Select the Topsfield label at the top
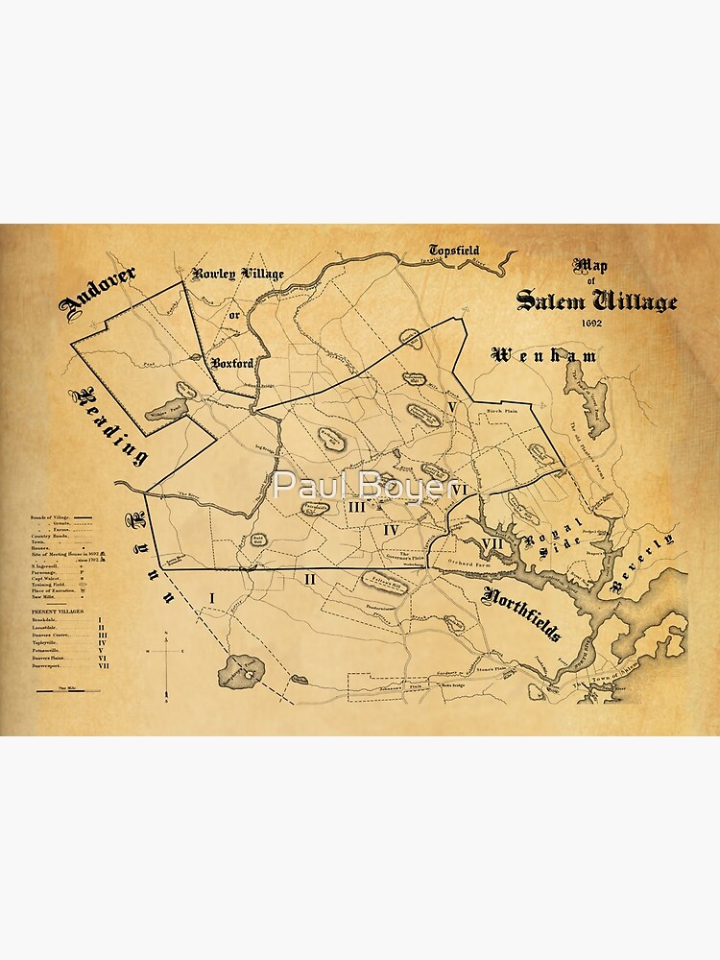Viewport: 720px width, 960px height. pos(454,251)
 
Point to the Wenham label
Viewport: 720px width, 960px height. pos(544,356)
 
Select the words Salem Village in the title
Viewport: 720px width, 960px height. pos(596,300)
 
